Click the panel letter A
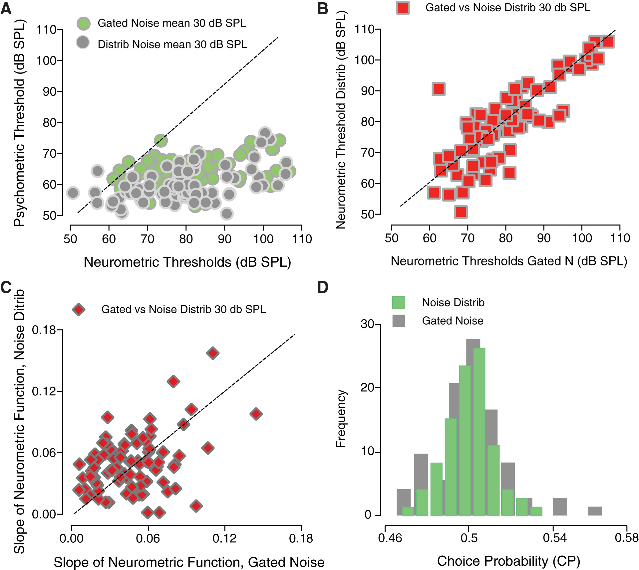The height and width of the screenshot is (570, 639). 6,9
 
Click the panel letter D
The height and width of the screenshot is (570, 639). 323,287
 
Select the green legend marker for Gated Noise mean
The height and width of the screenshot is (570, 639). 84,23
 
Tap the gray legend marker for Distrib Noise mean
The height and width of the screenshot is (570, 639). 83,43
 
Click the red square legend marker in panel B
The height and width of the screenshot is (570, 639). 403,7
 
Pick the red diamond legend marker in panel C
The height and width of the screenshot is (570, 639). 79,309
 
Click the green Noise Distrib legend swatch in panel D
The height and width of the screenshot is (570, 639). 399,303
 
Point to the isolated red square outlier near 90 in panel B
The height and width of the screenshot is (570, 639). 439,89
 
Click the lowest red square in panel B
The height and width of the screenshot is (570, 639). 461,212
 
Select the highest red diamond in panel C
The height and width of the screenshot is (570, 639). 213,353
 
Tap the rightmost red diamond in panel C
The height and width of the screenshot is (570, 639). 256,414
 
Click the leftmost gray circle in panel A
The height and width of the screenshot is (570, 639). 73,193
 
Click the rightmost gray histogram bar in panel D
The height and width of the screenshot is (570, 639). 595,511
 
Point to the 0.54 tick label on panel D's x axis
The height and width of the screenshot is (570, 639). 554,538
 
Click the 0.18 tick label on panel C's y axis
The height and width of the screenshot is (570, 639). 44,330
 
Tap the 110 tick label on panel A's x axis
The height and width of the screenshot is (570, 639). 302,239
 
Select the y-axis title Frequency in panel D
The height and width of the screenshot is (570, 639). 341,419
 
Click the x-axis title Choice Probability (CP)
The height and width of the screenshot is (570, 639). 508,561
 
